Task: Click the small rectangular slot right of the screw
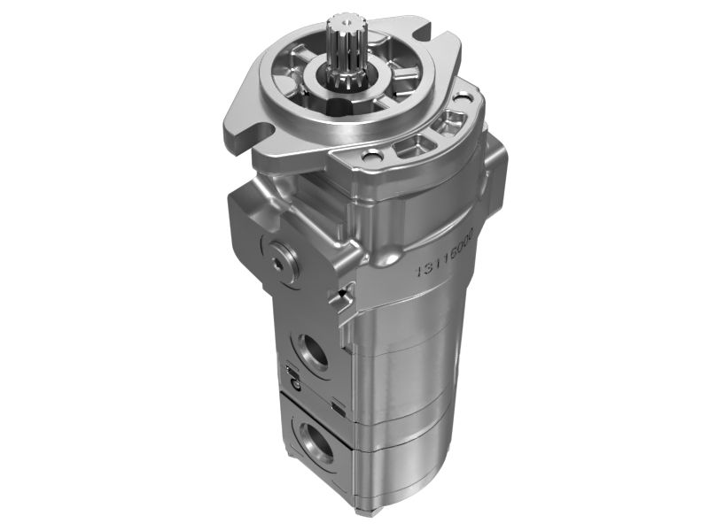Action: [339, 404]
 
